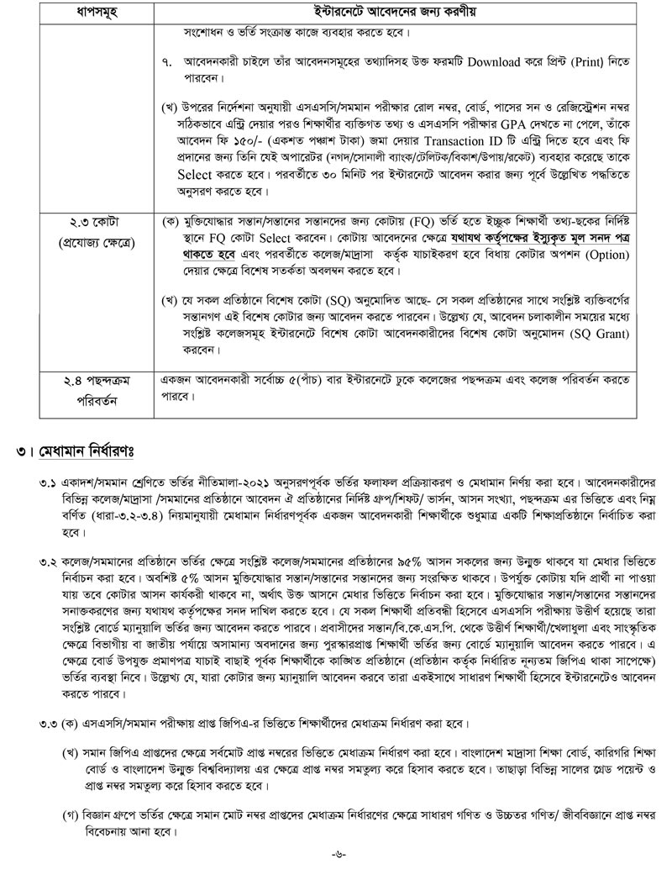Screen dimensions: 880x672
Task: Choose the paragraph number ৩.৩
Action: pyautogui.click(x=51, y=724)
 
